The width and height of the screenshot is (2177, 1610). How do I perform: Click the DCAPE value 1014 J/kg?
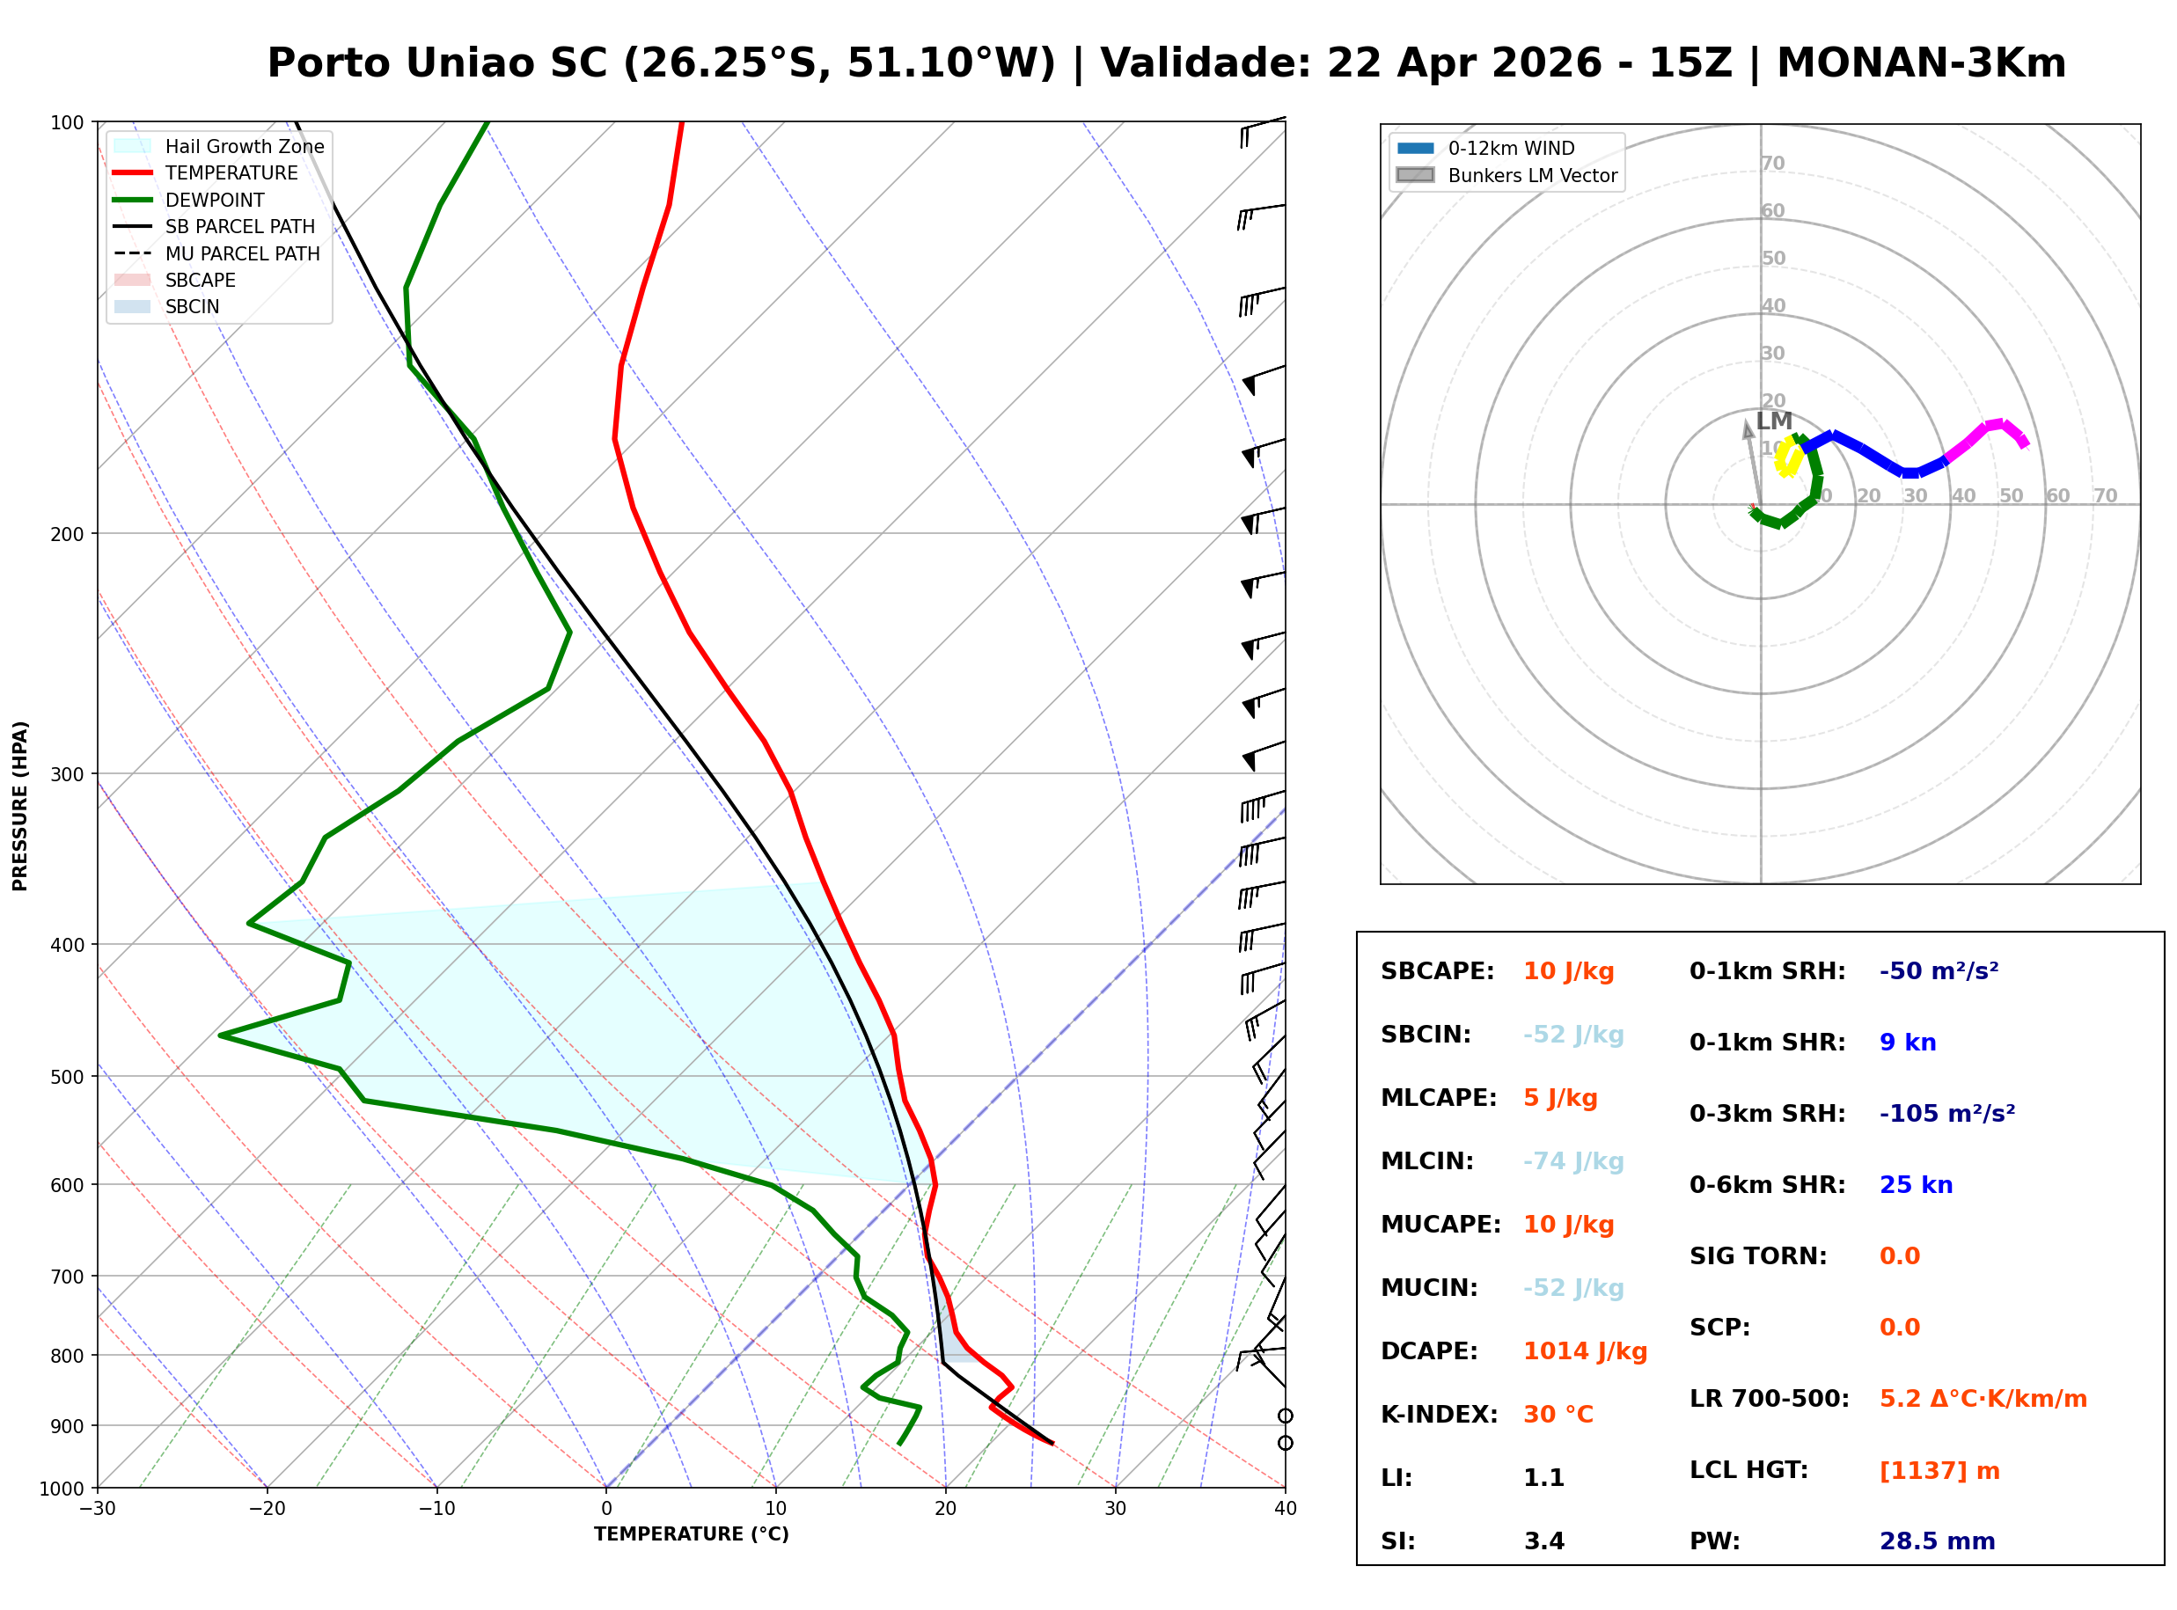tap(1585, 1351)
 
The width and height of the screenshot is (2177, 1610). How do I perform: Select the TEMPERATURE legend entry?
tap(231, 172)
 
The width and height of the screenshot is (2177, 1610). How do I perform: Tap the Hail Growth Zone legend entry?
tap(244, 146)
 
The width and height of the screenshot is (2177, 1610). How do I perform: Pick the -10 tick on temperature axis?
tap(436, 1509)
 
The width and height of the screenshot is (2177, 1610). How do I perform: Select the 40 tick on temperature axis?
tap(1285, 1509)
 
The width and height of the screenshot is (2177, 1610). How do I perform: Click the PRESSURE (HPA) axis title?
tap(20, 806)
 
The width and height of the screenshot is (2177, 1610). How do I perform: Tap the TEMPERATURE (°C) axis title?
tap(691, 1534)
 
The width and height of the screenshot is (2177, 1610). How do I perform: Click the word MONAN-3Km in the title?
tap(1921, 63)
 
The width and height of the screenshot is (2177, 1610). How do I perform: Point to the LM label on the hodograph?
tap(1774, 421)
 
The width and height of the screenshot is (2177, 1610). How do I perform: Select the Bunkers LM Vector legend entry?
tap(1532, 175)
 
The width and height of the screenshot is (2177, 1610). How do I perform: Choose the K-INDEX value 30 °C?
tap(1558, 1414)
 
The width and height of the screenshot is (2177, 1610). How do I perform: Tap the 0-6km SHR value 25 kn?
tap(1915, 1185)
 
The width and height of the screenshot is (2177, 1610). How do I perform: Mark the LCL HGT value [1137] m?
tap(1939, 1471)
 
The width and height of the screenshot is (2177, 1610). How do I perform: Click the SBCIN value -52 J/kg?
tap(1572, 1035)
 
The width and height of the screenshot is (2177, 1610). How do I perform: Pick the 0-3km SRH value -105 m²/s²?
tap(1946, 1113)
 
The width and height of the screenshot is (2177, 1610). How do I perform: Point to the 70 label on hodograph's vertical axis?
tap(1772, 164)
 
